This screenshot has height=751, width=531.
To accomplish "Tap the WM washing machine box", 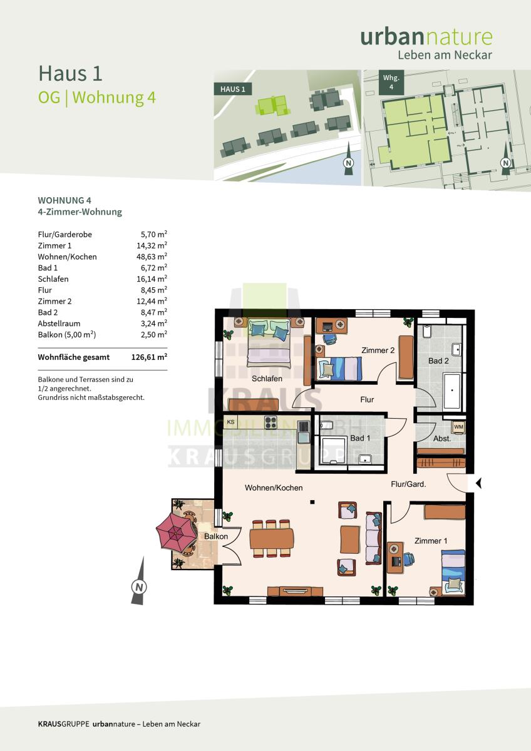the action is click(x=458, y=427).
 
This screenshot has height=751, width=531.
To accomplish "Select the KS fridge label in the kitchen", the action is click(x=231, y=422).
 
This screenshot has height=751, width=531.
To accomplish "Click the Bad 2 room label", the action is click(x=438, y=360).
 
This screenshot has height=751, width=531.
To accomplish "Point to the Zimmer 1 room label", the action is click(x=431, y=541).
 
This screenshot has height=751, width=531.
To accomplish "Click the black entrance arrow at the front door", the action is click(x=478, y=483).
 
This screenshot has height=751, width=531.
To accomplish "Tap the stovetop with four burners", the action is click(x=271, y=422).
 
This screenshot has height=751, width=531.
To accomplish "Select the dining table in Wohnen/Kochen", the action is click(x=271, y=538).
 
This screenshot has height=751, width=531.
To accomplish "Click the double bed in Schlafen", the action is click(x=269, y=342).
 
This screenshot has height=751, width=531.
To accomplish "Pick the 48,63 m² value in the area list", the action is click(x=152, y=257).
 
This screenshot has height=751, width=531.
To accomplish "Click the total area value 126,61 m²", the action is click(x=149, y=357).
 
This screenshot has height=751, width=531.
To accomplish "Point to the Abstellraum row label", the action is click(x=59, y=324).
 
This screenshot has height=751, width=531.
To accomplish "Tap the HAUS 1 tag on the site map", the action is click(x=233, y=89).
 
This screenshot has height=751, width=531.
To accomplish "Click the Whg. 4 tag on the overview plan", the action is click(x=391, y=82).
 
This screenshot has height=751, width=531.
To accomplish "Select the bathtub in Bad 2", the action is click(x=452, y=391).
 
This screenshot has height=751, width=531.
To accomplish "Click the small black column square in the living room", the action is click(x=312, y=502).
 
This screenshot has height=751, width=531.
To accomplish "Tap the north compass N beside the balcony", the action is click(x=139, y=587).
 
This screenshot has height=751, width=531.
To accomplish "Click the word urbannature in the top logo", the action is click(x=426, y=37).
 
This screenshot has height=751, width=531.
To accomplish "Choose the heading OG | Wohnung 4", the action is click(x=97, y=98).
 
